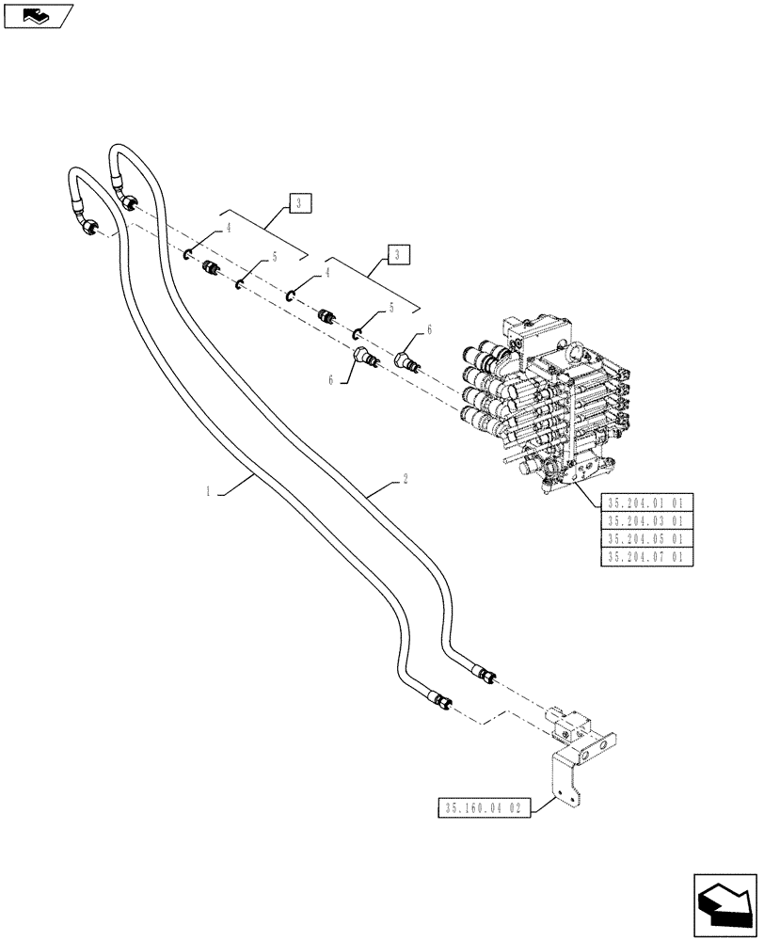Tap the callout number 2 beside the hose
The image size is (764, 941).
[x=405, y=479]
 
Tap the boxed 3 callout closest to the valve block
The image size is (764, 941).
[x=398, y=253]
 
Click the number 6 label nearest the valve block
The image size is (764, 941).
[x=430, y=329]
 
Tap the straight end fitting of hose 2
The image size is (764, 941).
[x=485, y=674]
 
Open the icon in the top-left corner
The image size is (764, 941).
[x=38, y=15]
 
